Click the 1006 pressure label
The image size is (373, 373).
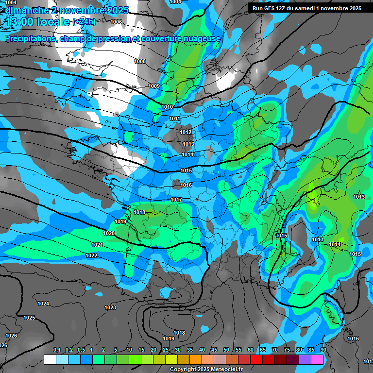pyautogui.click(x=116, y=22)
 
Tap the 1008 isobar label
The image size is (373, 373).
pyautogui.click(x=140, y=61)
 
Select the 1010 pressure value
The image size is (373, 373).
pyautogui.click(x=167, y=107)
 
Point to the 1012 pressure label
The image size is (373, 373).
pyautogui.click(x=186, y=132)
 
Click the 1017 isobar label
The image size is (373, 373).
pyautogui.click(x=176, y=200)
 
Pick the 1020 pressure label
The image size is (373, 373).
pyautogui.click(x=109, y=233)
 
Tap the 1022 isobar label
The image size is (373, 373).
pyautogui.click(x=91, y=255)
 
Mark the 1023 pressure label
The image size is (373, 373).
pyautogui.click(x=110, y=307)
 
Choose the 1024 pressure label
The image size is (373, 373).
pyautogui.click(x=43, y=304)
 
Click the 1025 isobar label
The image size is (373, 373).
pyautogui.click(x=29, y=318)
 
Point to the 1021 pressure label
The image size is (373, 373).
pyautogui.click(x=97, y=245)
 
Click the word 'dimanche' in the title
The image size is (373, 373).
pyautogui.click(x=27, y=10)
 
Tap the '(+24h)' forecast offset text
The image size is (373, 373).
pyautogui.click(x=84, y=22)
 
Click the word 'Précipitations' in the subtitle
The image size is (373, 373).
pyautogui.click(x=30, y=38)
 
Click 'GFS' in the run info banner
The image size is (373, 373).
pyautogui.click(x=272, y=8)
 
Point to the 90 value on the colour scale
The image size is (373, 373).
pyautogui.click(x=323, y=350)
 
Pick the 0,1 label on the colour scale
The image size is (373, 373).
pyautogui.click(x=57, y=350)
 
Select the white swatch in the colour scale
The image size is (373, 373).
pyautogui.click(x=50, y=359)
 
